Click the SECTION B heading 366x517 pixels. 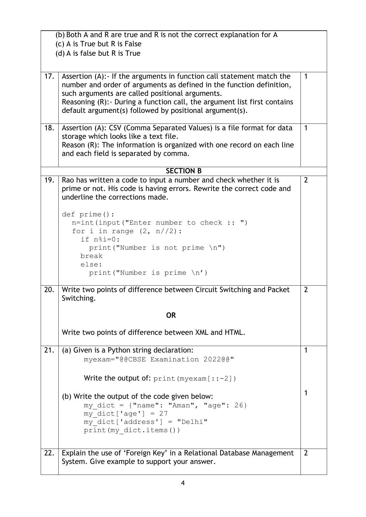(183, 171)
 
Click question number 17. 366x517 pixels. (49, 76)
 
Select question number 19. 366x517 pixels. (49, 180)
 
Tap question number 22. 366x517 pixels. (49, 453)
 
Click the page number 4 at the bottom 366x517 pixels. (183, 483)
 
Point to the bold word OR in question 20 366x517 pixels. (171, 315)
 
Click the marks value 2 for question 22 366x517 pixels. (306, 453)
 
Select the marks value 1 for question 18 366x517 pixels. (306, 128)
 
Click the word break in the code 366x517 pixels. (91, 256)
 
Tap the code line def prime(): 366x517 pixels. (88, 214)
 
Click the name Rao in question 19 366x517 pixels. (68, 180)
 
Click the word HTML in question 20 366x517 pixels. (235, 332)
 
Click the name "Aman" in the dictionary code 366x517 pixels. (183, 405)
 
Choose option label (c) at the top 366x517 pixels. (60, 44)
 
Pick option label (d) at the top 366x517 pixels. (60, 53)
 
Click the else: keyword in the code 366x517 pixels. (91, 264)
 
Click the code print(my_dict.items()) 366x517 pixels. (132, 430)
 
